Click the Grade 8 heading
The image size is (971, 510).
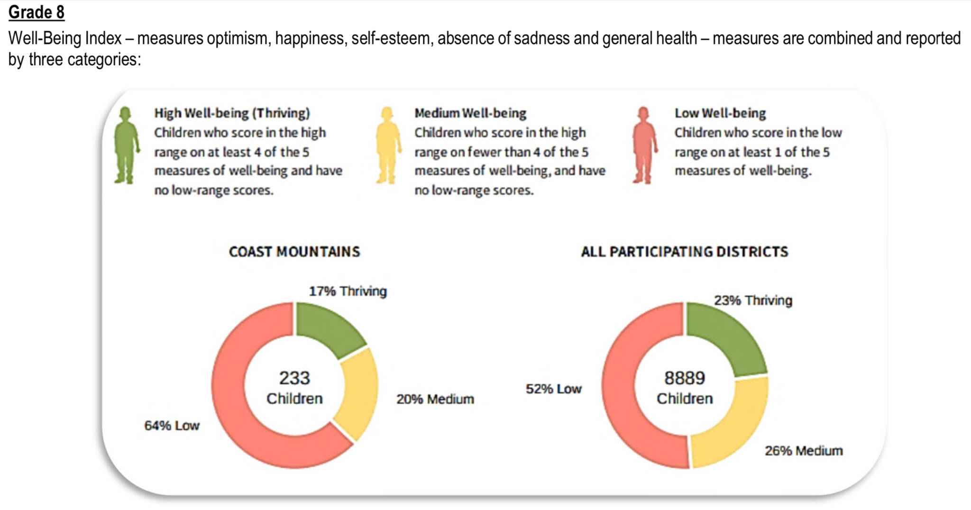(37, 12)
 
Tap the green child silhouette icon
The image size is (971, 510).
(126, 145)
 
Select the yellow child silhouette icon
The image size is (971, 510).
(388, 145)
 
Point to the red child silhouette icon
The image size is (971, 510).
(644, 145)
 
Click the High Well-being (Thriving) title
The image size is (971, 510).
(232, 113)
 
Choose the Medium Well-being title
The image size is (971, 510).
(470, 113)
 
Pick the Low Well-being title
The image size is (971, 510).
(720, 113)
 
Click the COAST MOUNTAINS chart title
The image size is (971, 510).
(294, 252)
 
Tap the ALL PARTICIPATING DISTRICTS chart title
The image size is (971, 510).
(685, 252)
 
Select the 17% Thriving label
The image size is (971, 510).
(348, 291)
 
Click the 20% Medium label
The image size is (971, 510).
(435, 399)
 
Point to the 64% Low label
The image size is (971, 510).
(172, 426)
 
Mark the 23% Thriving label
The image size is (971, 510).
(753, 301)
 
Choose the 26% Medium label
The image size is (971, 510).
(804, 451)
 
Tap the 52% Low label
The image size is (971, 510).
(553, 389)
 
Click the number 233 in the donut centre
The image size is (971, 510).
(294, 378)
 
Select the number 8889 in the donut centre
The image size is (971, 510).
(685, 378)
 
